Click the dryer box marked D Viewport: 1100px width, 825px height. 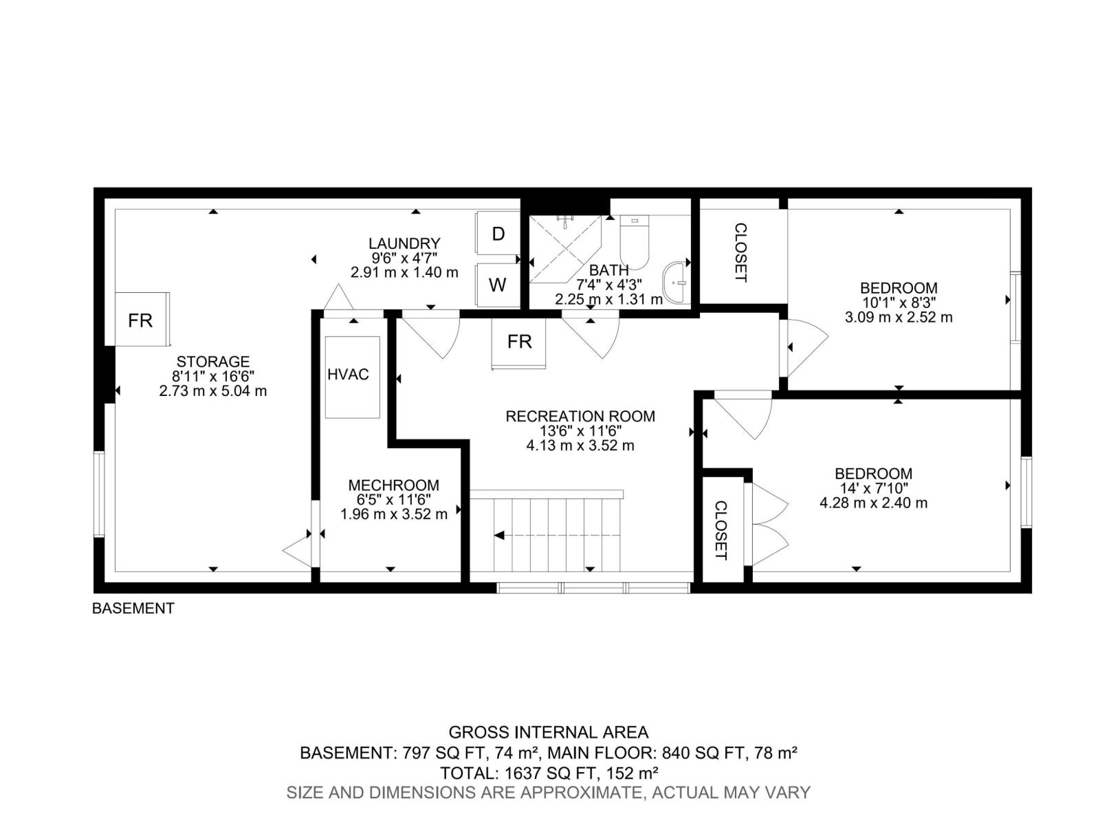pos(497,233)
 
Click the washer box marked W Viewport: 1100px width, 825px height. pos(497,285)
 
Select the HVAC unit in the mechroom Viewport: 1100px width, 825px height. pos(352,377)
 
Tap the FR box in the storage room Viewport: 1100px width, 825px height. pos(142,319)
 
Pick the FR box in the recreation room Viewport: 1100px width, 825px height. pos(518,343)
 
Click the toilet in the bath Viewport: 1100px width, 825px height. pos(634,242)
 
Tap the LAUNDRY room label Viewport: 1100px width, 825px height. pos(404,243)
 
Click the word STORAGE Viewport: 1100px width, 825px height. pos(213,361)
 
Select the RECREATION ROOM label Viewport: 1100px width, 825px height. pos(580,416)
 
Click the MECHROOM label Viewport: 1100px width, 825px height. pos(394,485)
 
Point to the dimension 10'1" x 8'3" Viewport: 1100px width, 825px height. pos(899,302)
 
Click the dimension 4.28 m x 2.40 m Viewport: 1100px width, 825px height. pos(874,503)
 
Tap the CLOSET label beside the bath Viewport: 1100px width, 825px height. pos(740,252)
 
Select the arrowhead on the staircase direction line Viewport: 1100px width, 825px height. pos(498,536)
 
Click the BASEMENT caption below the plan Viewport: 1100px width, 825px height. pos(133,608)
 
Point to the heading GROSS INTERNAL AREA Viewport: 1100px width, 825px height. pos(548,732)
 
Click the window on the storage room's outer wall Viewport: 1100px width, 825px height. pos(99,494)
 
